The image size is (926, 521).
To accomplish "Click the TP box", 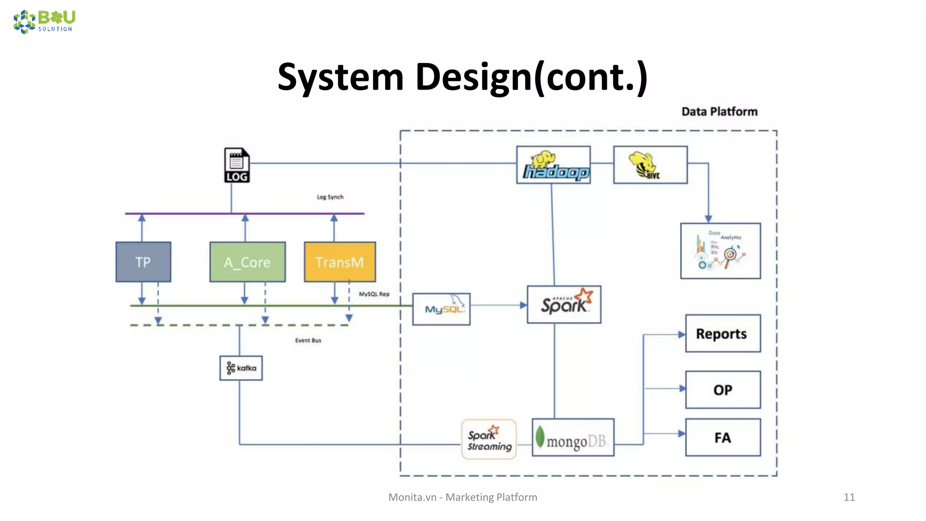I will coord(143,262).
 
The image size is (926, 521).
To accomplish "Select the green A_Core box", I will coord(247,262).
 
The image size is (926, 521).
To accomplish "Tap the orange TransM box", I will coord(340,262).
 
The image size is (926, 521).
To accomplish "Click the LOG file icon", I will coord(236,165).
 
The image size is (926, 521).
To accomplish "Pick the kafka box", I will coord(241,368).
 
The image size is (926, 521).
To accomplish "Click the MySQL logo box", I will coord(441,309).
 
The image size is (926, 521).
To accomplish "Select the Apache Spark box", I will coord(564,304).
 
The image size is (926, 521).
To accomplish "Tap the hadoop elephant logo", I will coord(553,165).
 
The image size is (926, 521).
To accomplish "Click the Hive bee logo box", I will coord(650,165).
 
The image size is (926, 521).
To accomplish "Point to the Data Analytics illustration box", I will coord(720,251).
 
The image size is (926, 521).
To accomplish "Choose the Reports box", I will coord(723,334).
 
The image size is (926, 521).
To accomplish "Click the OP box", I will coord(723,390).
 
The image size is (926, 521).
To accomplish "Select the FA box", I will coord(723,437).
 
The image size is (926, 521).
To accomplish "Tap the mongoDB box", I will coord(573,438).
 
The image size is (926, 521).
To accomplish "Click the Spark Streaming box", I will coord(489,439).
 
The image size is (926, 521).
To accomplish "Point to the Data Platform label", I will coord(719,112).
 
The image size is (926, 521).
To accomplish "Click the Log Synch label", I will coord(330,197).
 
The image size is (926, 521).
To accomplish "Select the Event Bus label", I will coord(308,341).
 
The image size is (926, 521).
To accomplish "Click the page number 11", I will coord(849,497).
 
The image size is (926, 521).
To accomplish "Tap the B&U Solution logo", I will coord(44,22).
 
